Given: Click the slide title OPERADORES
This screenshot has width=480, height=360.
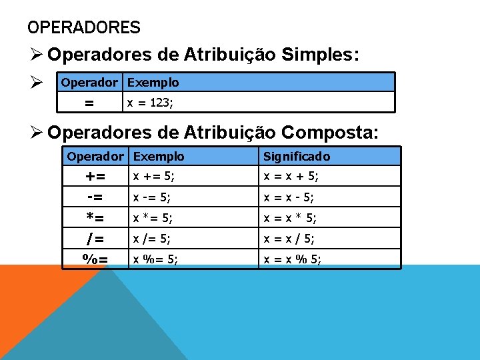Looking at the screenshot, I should pyautogui.click(x=84, y=28).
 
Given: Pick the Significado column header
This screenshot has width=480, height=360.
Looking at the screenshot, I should pyautogui.click(x=297, y=157).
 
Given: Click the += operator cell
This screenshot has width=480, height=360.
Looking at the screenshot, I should pyautogui.click(x=95, y=177).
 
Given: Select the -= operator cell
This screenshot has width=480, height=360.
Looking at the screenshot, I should pyautogui.click(x=95, y=197).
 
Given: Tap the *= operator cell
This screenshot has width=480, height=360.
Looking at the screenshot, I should pyautogui.click(x=95, y=218).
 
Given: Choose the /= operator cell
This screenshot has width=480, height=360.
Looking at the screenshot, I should pyautogui.click(x=95, y=238).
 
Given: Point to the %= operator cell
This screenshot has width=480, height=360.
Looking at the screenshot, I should pyautogui.click(x=95, y=259).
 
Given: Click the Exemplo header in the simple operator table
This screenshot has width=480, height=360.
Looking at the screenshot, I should pyautogui.click(x=153, y=83).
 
